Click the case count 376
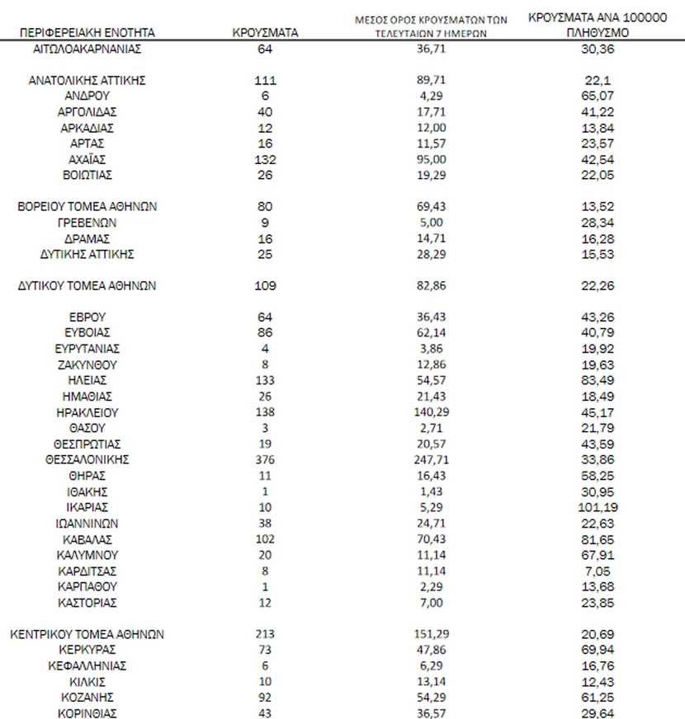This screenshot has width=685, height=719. coord(265,459)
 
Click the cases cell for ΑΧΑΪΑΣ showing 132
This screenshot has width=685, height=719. coord(265,159)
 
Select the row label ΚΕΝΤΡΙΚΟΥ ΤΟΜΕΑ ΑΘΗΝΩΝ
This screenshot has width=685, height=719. coord(87,634)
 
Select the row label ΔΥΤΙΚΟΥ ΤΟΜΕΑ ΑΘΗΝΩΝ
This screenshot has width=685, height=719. coord(87,285)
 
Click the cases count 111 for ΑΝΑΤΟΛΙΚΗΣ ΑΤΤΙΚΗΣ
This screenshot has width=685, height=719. coord(265,80)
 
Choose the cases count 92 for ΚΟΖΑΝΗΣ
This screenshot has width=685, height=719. coord(265,698)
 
